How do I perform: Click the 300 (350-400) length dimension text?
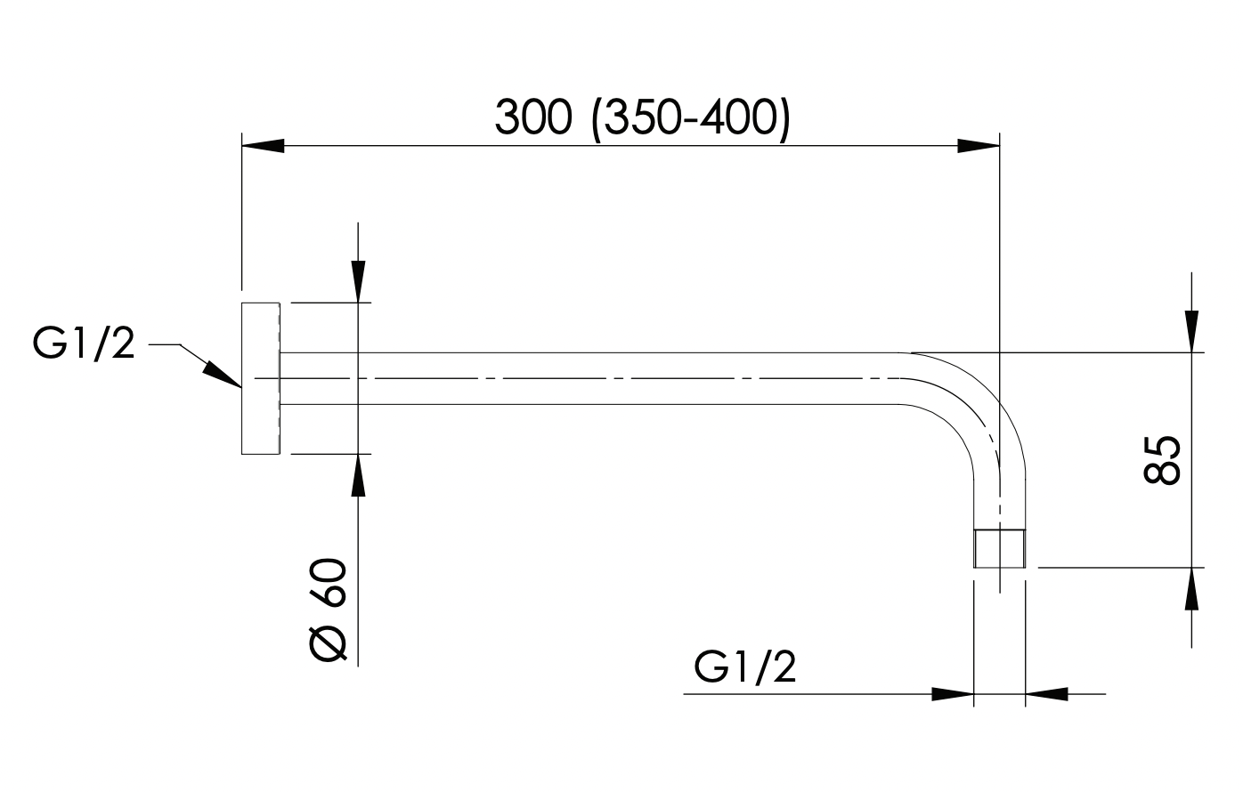point(641,117)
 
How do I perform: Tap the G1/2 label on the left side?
point(84,343)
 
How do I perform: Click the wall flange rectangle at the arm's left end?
point(260,379)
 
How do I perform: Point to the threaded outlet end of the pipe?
point(1000,548)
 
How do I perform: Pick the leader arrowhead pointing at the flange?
point(223,373)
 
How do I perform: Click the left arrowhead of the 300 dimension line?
point(263,146)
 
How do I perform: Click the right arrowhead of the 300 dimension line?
point(979,146)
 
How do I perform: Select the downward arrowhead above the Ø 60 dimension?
point(358,281)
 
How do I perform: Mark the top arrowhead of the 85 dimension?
point(1191,331)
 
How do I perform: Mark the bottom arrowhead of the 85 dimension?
point(1191,588)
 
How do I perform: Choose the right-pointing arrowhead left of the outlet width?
point(953,693)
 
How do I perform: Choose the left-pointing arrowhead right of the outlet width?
point(1047,693)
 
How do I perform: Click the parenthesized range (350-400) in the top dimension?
point(691,117)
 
